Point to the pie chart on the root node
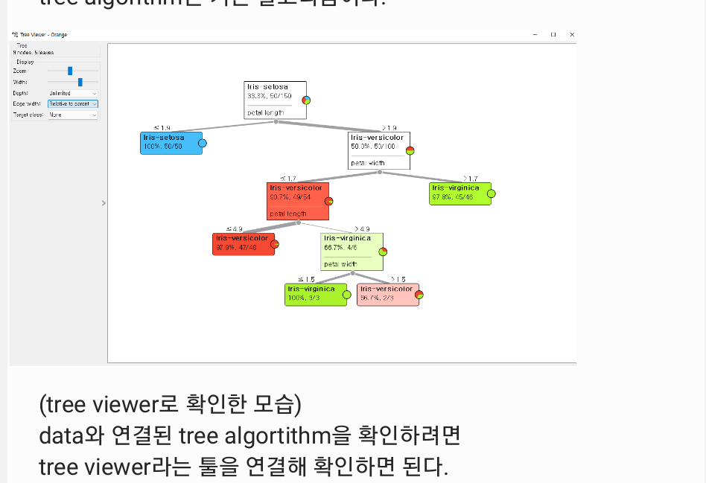click(x=306, y=100)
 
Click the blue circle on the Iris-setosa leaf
click(x=203, y=143)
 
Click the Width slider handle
click(x=80, y=82)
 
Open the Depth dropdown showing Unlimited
click(x=73, y=93)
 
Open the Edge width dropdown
click(x=73, y=104)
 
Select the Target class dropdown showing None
click(x=73, y=115)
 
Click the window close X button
click(x=572, y=34)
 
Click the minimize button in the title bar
click(x=535, y=34)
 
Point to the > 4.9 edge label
click(x=362, y=228)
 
